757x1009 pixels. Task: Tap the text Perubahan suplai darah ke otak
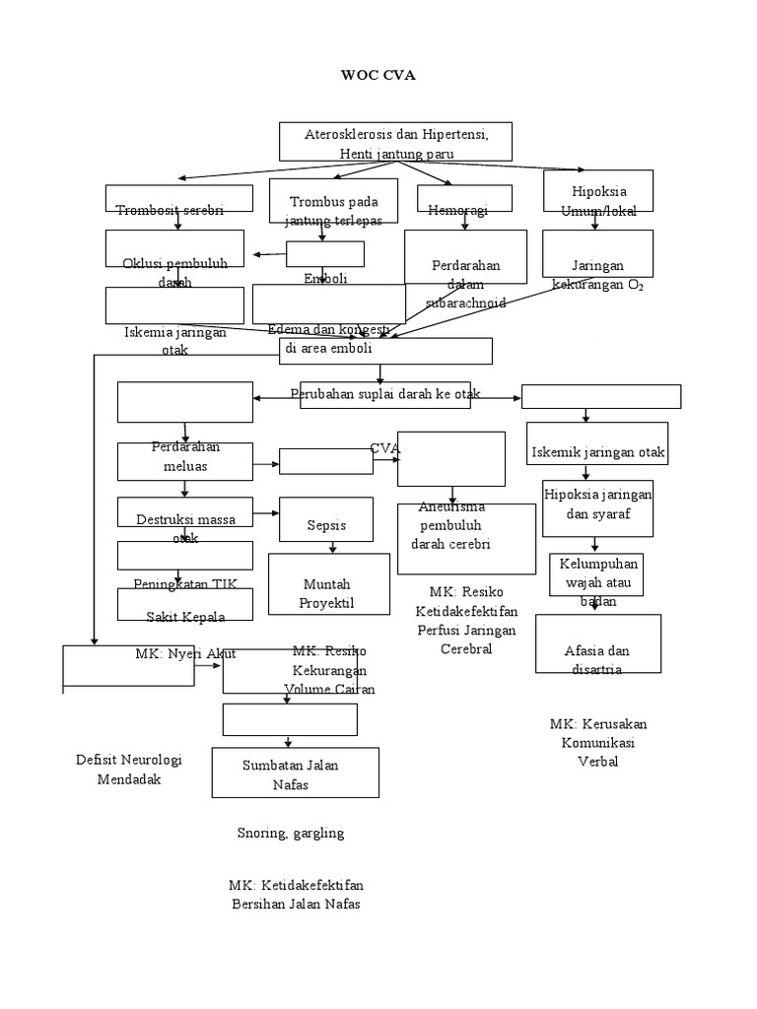385,394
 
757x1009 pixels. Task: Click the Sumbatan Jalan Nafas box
281,773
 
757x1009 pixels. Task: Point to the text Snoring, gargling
290,833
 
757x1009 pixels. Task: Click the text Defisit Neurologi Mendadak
128,769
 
